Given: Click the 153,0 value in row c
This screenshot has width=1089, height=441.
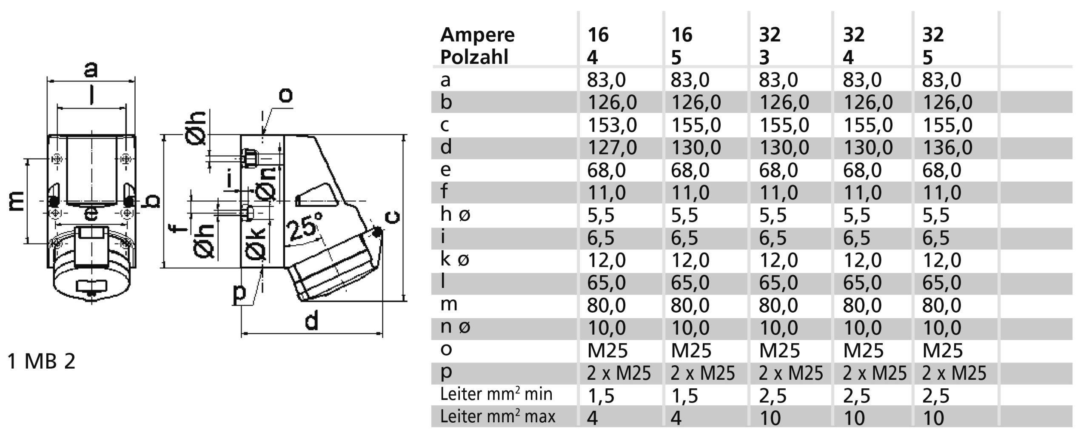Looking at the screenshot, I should [612, 125].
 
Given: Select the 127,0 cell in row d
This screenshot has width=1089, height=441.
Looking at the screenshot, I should [612, 148].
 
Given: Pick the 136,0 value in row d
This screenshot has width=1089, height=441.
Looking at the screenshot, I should [947, 148].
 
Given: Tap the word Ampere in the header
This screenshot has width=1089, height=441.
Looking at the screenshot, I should [477, 35].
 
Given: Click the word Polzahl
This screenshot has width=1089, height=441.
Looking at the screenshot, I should [474, 57].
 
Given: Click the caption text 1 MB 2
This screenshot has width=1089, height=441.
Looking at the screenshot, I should [41, 361].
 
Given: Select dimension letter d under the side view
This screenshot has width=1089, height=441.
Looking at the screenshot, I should [311, 321].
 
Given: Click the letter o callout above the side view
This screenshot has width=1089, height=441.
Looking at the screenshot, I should [285, 95].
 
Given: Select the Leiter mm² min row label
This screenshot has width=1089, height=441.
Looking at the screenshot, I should [496, 394].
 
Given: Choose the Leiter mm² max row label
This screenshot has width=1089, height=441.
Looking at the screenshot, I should [497, 416].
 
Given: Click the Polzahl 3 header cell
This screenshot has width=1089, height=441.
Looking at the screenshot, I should [764, 57].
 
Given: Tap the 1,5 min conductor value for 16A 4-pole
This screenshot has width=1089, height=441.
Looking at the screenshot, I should [601, 396].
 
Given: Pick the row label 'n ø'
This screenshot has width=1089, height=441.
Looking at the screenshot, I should [455, 327].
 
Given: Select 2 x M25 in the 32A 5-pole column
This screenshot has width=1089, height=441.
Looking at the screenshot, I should [954, 373].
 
